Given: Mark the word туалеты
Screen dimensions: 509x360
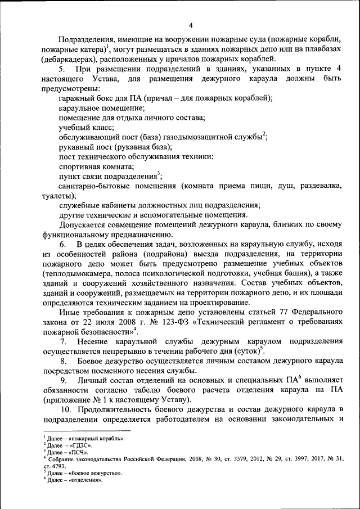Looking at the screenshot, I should coord(58,196).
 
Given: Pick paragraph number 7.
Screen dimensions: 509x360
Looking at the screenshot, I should coord(63,342).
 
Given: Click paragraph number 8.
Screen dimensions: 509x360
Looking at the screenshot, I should coord(63,362).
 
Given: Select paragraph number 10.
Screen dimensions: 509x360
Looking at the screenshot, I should coord(66,410).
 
